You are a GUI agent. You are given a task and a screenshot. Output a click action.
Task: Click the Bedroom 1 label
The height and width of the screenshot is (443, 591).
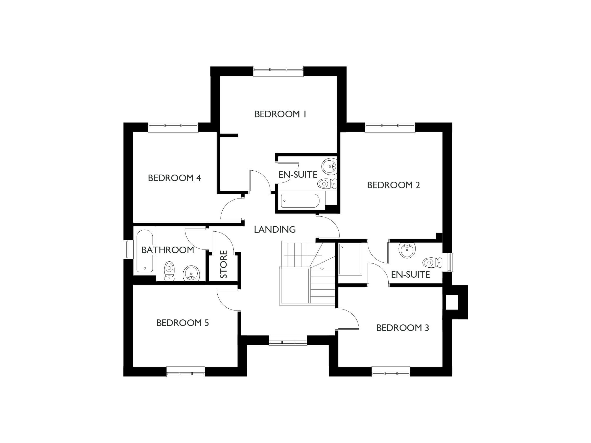click(280, 114)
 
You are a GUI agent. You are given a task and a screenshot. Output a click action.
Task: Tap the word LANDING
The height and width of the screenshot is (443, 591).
click(275, 229)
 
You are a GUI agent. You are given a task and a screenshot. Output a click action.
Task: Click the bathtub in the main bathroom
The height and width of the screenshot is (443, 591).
click(144, 251)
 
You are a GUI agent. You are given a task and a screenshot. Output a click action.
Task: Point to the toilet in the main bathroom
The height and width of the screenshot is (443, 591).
click(169, 271)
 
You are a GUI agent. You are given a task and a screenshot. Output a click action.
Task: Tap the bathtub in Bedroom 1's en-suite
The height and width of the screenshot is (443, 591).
click(300, 201)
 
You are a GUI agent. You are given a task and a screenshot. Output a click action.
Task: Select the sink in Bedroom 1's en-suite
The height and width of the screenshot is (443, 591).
click(329, 166)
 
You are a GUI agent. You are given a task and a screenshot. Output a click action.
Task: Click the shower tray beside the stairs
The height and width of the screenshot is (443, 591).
click(350, 259)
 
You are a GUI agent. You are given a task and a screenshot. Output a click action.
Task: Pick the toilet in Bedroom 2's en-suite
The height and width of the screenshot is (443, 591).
click(432, 262)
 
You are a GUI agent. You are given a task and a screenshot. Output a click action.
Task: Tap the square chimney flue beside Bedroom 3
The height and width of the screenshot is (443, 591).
click(452, 302)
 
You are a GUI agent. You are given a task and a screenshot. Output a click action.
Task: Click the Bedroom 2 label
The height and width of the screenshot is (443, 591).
click(393, 185)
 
